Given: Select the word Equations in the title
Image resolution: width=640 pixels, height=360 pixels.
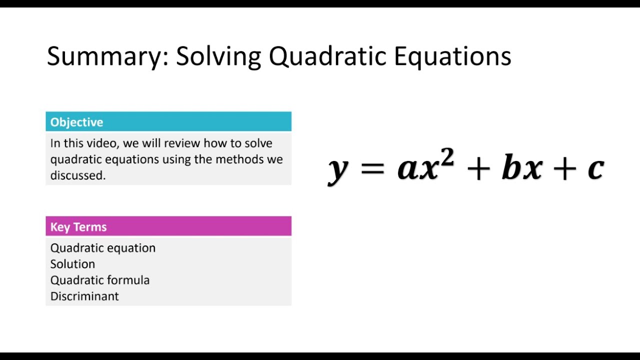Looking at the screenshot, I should (452, 56).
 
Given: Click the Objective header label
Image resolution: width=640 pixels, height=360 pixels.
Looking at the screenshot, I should (76, 122).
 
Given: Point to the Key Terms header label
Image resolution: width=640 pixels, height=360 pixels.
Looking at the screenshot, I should (78, 227).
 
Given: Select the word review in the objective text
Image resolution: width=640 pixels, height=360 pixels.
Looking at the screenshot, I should (181, 143).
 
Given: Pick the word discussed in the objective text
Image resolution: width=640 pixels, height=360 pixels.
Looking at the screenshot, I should (77, 175).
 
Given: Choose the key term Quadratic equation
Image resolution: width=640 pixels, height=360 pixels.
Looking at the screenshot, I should (103, 248).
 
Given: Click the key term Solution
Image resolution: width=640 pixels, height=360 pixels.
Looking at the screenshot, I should (72, 264).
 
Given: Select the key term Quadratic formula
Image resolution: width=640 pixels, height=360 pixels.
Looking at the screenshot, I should (100, 280).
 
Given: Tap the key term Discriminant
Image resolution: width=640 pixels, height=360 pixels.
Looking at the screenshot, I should (84, 296).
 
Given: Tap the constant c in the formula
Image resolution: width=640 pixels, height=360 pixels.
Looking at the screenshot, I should (595, 169).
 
